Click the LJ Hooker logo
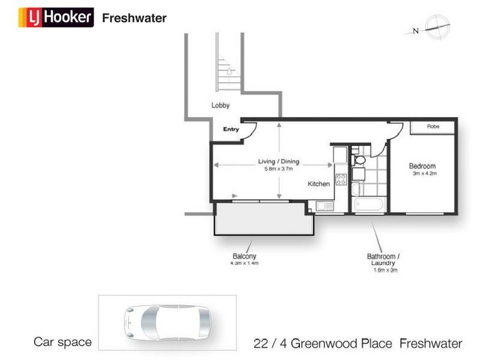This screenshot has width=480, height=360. [x=56, y=17]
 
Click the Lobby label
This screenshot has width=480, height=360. [x=220, y=105]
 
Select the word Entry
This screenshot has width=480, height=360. [x=231, y=129]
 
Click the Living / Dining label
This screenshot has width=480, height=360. [x=278, y=161]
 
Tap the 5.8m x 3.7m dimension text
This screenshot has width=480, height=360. [x=278, y=169]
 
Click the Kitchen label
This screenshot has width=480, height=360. [x=319, y=184]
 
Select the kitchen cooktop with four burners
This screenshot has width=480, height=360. [x=341, y=179]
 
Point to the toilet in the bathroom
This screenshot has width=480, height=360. [x=360, y=160]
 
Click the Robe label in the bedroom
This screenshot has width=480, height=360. [x=433, y=127]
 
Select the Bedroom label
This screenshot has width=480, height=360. [x=422, y=166]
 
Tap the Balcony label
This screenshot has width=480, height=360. [x=245, y=256]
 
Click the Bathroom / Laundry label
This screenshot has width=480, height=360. [x=383, y=260]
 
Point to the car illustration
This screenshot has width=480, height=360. [x=167, y=322]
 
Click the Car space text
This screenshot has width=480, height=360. [x=62, y=343]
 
